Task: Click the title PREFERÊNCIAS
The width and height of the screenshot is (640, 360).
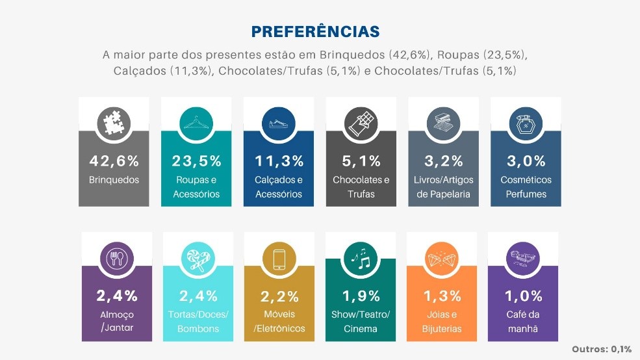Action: [315, 32]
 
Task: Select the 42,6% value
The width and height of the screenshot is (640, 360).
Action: [114, 161]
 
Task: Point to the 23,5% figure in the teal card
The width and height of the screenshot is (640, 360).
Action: [197, 161]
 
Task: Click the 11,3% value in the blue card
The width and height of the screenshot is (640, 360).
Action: [279, 161]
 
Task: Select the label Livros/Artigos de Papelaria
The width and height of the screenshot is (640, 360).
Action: [443, 186]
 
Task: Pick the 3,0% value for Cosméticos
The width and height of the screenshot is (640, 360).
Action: [526, 161]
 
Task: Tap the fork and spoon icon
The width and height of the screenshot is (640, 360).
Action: [116, 259]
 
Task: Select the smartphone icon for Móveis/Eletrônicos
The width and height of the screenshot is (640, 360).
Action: [279, 259]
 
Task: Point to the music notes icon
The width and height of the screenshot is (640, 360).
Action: [361, 259]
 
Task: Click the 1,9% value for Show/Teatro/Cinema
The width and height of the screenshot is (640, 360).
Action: [361, 296]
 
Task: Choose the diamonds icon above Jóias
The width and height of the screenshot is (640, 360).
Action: [442, 259]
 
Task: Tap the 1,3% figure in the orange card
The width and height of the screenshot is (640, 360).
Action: [442, 296]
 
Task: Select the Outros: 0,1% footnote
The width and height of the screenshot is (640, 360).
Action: [602, 349]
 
